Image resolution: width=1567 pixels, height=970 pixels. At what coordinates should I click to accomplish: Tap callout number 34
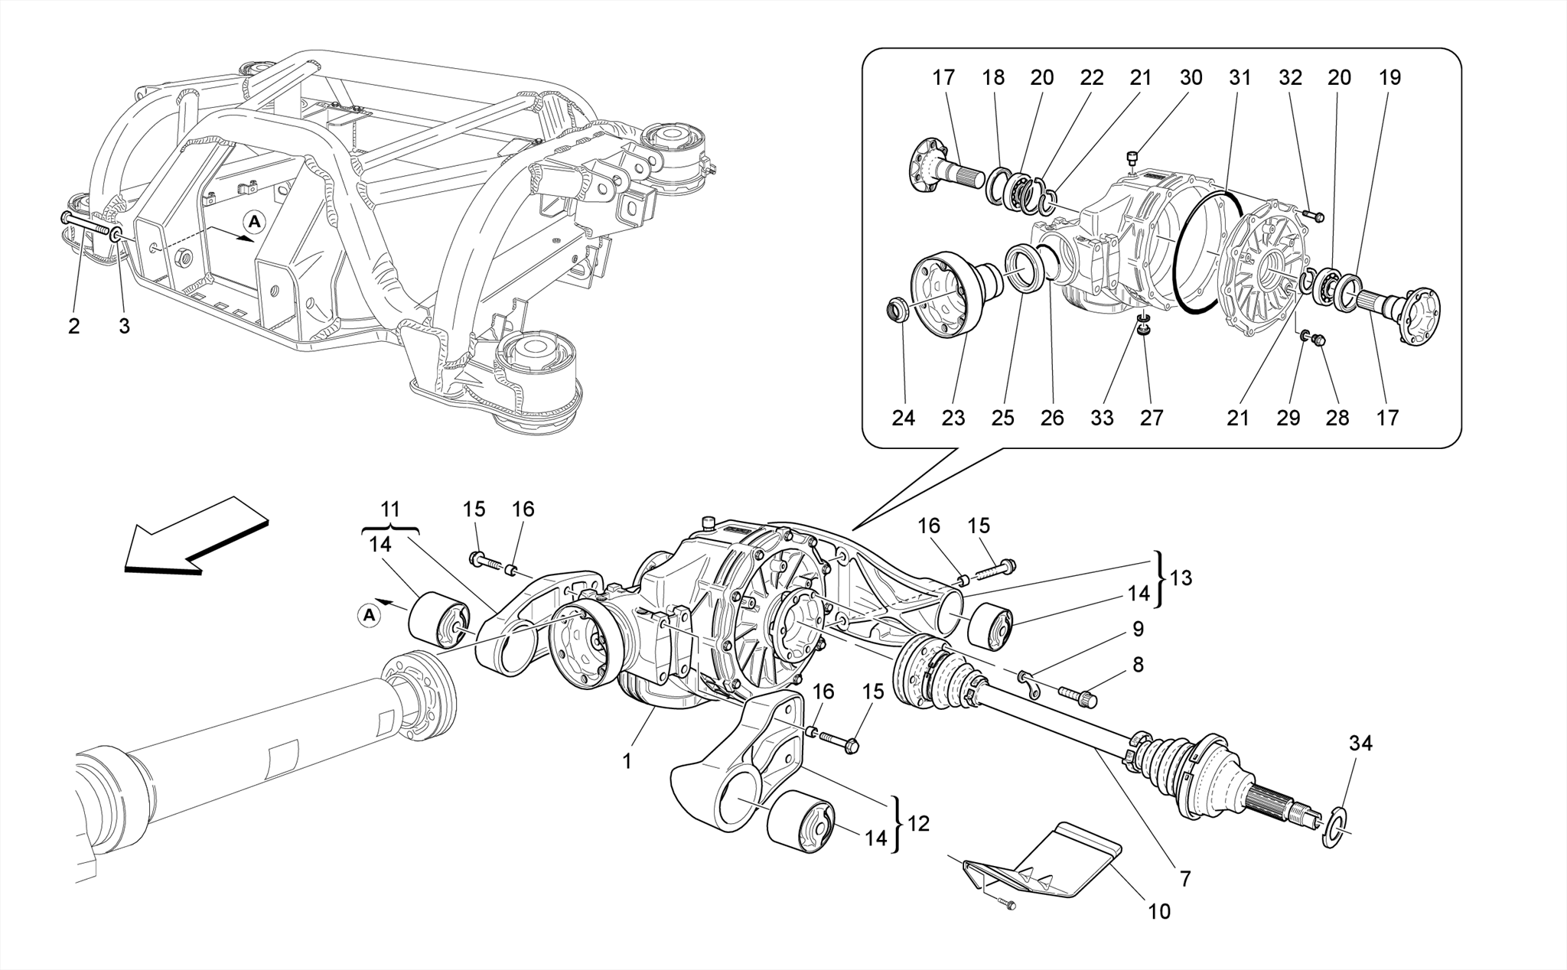click(x=1360, y=743)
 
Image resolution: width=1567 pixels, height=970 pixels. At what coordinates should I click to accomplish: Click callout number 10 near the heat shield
click(x=1159, y=911)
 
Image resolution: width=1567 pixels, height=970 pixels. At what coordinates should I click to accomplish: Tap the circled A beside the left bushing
click(x=370, y=615)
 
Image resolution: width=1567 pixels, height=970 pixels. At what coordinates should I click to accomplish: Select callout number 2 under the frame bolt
click(x=73, y=327)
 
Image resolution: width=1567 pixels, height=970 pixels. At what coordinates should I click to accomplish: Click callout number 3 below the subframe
click(x=124, y=327)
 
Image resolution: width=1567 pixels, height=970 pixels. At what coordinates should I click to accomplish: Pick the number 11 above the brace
click(x=390, y=509)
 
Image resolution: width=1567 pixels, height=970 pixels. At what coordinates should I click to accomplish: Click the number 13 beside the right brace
click(x=1181, y=578)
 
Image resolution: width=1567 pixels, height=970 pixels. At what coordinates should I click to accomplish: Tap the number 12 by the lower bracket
click(x=918, y=824)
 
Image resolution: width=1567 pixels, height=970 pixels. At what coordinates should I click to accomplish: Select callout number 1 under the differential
click(x=627, y=762)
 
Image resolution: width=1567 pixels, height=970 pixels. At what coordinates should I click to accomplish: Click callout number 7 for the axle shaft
click(x=1185, y=879)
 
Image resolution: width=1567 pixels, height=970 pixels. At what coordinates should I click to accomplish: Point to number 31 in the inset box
click(x=1240, y=77)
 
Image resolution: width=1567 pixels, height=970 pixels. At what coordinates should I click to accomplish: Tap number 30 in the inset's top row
click(x=1191, y=77)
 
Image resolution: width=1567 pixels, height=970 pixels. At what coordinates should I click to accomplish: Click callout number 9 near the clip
click(x=1138, y=629)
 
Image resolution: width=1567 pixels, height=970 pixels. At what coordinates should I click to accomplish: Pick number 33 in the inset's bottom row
click(x=1102, y=418)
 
